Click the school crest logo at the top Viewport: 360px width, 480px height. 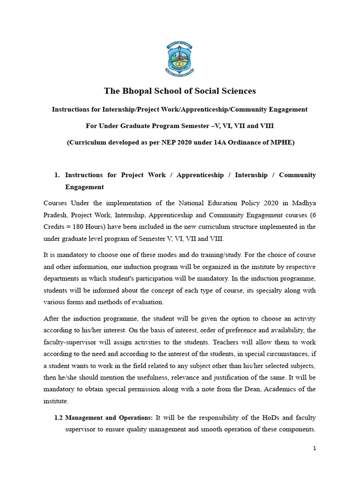click(180, 59)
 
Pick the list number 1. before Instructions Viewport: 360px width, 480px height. click(57, 175)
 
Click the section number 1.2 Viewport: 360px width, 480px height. click(59, 417)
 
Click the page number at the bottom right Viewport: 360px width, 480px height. click(315, 448)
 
